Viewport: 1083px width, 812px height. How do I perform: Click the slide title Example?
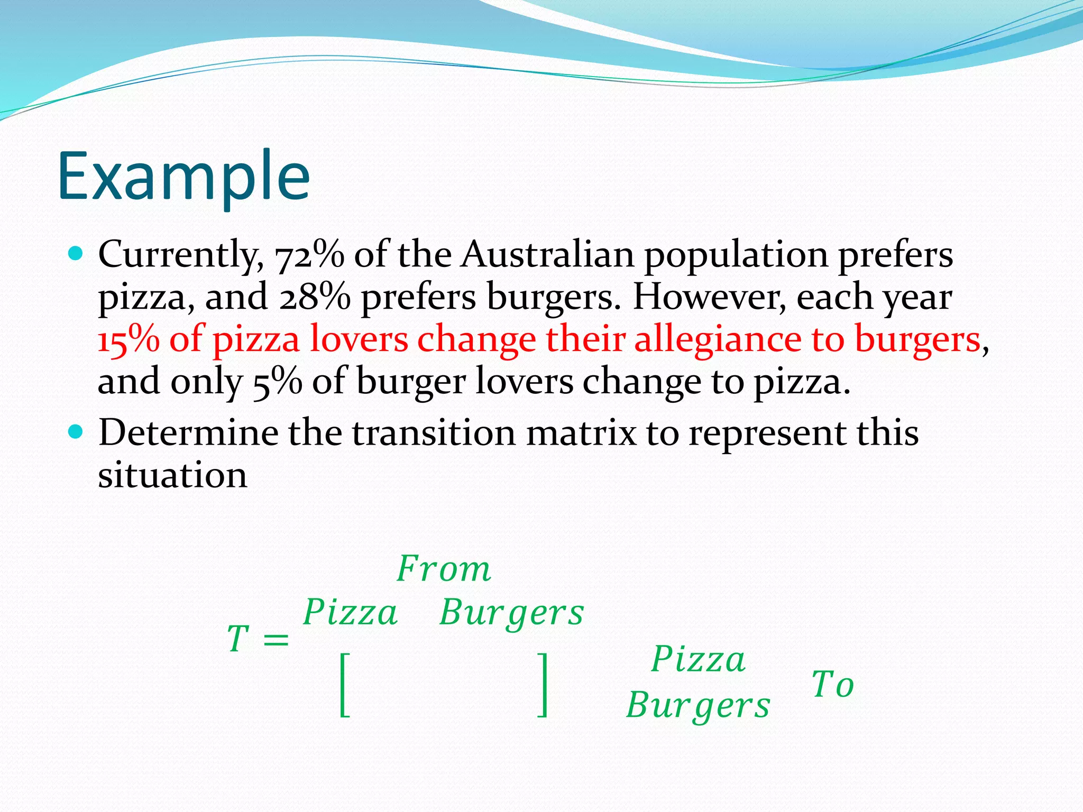[183, 177]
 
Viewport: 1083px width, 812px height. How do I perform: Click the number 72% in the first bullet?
[309, 255]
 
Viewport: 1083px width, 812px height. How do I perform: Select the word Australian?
[547, 254]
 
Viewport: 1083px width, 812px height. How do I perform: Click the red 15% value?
[129, 339]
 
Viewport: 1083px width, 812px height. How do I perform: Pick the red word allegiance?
[717, 340]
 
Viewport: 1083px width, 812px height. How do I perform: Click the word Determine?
[188, 433]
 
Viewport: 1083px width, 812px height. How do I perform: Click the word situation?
[172, 475]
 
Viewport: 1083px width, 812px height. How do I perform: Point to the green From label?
[444, 569]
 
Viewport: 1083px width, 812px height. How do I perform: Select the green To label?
[832, 685]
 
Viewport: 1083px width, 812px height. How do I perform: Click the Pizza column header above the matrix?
[350, 613]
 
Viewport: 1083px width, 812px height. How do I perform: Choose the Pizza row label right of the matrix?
[698, 660]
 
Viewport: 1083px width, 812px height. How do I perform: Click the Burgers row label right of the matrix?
[698, 706]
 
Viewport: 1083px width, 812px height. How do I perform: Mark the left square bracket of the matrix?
[344, 685]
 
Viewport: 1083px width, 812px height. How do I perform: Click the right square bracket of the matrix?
[542, 685]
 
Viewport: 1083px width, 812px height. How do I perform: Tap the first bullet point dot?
[76, 254]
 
